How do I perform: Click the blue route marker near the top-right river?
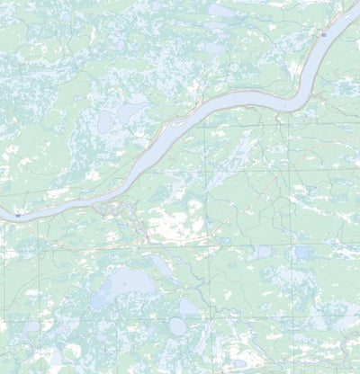[323, 33]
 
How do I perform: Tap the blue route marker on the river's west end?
[17, 216]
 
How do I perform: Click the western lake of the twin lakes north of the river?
[106, 120]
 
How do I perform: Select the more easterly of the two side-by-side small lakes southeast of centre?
[301, 253]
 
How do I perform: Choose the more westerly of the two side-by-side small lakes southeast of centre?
[265, 253]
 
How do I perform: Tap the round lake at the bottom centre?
[178, 326]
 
